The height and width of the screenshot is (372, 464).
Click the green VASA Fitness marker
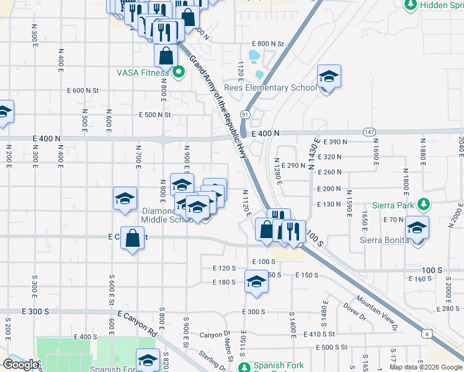pyautogui.click(x=179, y=73)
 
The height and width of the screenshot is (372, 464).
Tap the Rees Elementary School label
pyautogui.click(x=270, y=87)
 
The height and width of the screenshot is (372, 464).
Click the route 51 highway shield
pyautogui.click(x=246, y=115)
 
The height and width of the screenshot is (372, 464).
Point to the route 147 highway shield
pyautogui.click(x=368, y=132)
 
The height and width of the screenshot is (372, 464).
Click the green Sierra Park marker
pyautogui.click(x=424, y=204)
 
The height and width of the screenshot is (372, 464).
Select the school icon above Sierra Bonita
pyautogui.click(x=417, y=228)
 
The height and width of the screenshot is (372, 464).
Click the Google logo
pyautogui.click(x=20, y=365)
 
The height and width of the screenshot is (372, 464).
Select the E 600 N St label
pyautogui.click(x=81, y=91)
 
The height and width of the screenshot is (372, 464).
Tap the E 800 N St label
pyautogui.click(x=267, y=44)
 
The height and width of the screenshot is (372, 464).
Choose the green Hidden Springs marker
pyautogui.click(x=409, y=5)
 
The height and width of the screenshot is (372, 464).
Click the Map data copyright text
pyautogui.click(x=426, y=367)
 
